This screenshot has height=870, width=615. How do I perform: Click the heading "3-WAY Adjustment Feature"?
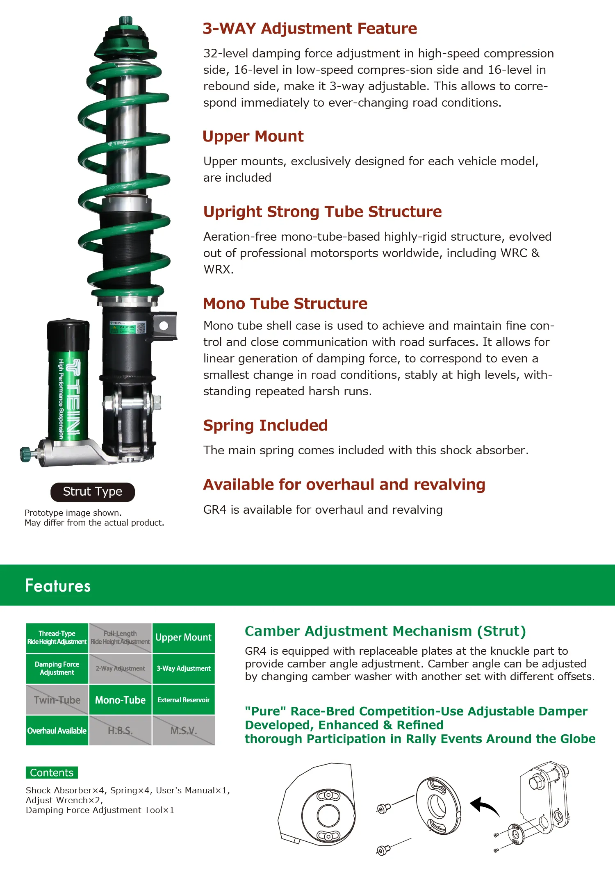pyautogui.click(x=310, y=29)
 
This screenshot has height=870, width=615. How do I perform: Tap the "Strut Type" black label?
pyautogui.click(x=93, y=492)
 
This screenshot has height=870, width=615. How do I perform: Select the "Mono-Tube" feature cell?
pyautogui.click(x=120, y=700)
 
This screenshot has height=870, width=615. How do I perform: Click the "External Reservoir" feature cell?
pyautogui.click(x=183, y=700)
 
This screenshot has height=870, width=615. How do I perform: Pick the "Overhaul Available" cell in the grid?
pyautogui.click(x=57, y=731)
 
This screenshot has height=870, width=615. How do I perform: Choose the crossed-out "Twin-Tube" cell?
pyautogui.click(x=57, y=700)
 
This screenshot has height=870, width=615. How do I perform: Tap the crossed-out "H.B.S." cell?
pyautogui.click(x=120, y=731)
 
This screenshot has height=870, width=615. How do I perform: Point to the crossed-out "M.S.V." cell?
pyautogui.click(x=183, y=731)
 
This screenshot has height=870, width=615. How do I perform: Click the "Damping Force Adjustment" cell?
pyautogui.click(x=57, y=668)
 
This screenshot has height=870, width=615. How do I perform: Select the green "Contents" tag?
pyautogui.click(x=52, y=772)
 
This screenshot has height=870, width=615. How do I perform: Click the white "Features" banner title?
pyautogui.click(x=58, y=585)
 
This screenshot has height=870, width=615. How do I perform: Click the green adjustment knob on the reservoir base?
pyautogui.click(x=25, y=454)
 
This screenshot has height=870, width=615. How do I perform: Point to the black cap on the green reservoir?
pyautogui.click(x=68, y=334)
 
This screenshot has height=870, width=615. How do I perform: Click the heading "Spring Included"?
pyautogui.click(x=265, y=426)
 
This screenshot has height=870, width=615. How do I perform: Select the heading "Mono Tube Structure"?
pyautogui.click(x=285, y=304)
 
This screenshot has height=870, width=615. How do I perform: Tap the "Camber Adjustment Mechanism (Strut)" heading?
pyautogui.click(x=385, y=631)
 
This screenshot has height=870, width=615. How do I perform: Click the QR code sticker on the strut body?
pyautogui.click(x=141, y=327)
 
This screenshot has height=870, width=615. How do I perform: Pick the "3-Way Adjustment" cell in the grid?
pyautogui.click(x=183, y=668)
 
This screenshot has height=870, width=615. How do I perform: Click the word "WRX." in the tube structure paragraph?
pyautogui.click(x=218, y=269)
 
